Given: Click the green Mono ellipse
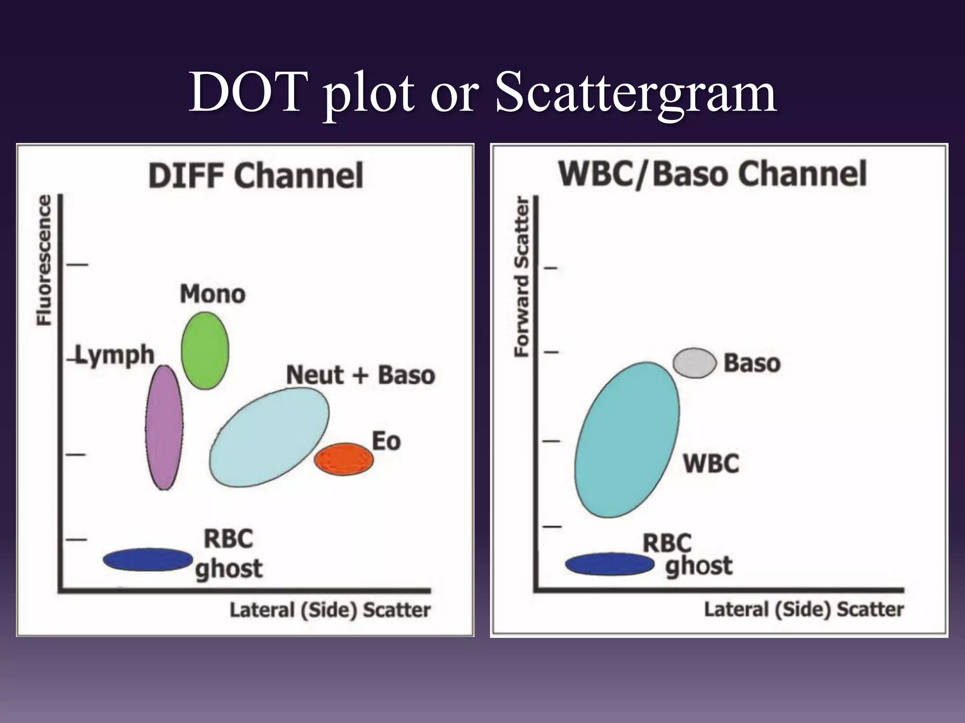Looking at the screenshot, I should [205, 351].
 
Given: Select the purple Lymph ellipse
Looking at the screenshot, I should [164, 427].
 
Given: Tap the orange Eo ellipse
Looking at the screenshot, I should [344, 459].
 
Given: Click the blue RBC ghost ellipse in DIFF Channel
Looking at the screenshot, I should [148, 560].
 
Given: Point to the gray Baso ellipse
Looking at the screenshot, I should [695, 363].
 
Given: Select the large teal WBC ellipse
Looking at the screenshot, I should [627, 440].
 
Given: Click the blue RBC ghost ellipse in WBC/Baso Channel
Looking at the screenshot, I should [610, 564].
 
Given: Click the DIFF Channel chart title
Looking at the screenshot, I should [256, 176].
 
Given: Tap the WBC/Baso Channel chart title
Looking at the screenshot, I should [712, 174].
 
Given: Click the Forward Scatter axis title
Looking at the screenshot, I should [522, 277].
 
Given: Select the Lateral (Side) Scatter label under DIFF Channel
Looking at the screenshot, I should [330, 610].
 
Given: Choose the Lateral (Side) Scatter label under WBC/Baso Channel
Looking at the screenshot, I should [804, 609].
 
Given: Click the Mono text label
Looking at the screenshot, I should [213, 294].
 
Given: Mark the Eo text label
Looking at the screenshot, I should [386, 442].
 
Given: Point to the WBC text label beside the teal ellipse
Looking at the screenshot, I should [711, 463].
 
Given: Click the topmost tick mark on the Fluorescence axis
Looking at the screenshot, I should [77, 265].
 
